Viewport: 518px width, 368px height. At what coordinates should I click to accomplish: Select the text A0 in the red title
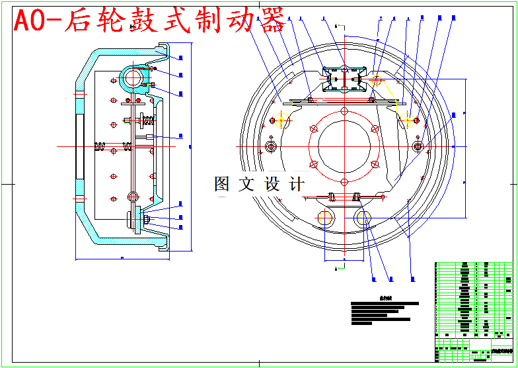coord(30,22)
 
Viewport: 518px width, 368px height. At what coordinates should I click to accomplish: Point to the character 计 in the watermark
coord(297,184)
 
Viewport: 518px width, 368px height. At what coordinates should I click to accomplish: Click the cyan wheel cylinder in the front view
coord(344,79)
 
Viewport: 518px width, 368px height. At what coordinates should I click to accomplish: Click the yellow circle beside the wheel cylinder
coord(377,81)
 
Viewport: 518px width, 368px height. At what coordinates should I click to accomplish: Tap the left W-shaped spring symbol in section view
coord(100,146)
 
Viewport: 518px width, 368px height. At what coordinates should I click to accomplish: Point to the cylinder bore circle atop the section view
coord(133,77)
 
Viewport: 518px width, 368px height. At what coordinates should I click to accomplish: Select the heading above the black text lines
coord(385,298)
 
